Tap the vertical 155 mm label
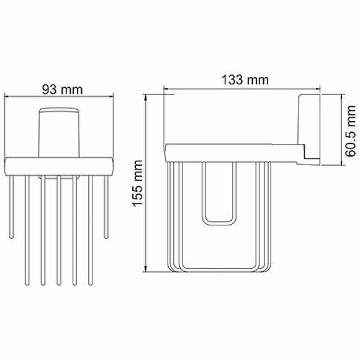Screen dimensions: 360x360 point(138,183)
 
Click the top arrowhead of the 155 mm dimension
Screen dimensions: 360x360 point(146,97)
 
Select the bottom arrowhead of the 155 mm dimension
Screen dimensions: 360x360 point(146,269)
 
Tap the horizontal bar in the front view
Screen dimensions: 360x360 point(60,166)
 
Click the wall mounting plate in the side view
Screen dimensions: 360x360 point(308,130)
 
